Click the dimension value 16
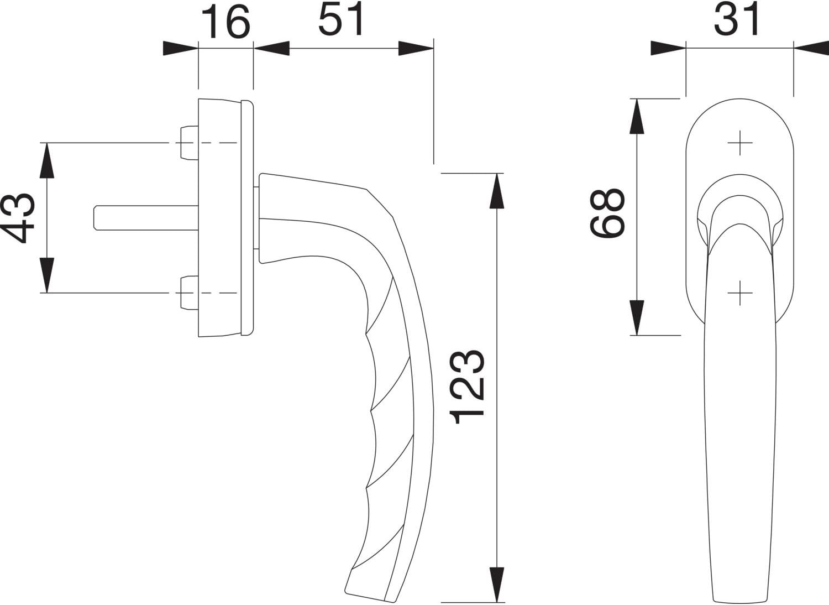225,22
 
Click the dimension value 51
342,20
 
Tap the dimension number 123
469,387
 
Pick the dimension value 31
737,20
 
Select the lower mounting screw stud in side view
188,293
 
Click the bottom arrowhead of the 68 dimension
637,318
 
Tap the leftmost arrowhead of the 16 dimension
180,49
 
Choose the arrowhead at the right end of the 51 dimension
416,49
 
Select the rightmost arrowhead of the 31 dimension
811,48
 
